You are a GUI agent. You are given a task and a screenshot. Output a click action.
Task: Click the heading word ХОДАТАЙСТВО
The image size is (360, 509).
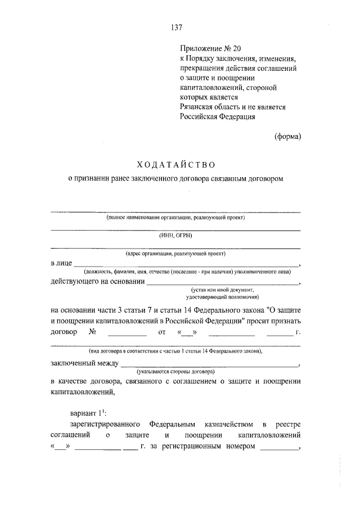point(176,164)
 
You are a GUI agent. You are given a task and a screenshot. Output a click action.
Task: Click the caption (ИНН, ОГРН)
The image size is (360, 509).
point(175,236)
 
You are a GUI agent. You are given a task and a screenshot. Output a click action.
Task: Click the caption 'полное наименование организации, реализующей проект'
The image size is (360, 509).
point(175,217)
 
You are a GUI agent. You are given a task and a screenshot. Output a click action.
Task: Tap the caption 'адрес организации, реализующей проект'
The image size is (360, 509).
point(175,255)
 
